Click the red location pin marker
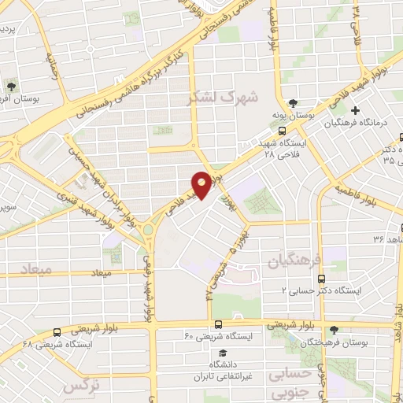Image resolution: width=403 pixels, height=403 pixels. point(201,184)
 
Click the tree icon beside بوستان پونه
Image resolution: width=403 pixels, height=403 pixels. point(293,103)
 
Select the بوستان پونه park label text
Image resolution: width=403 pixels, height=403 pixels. point(294,116)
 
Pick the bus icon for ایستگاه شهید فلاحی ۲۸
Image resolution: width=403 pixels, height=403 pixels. point(283,131)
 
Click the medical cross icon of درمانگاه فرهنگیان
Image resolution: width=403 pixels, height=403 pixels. point(356,110)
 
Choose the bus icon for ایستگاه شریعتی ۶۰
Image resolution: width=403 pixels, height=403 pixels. point(219,324)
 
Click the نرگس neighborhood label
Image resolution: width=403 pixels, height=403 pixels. point(79,386)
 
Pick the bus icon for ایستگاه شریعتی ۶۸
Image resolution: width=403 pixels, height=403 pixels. point(57,333)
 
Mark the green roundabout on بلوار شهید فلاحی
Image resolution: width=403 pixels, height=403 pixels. point(147,231)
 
